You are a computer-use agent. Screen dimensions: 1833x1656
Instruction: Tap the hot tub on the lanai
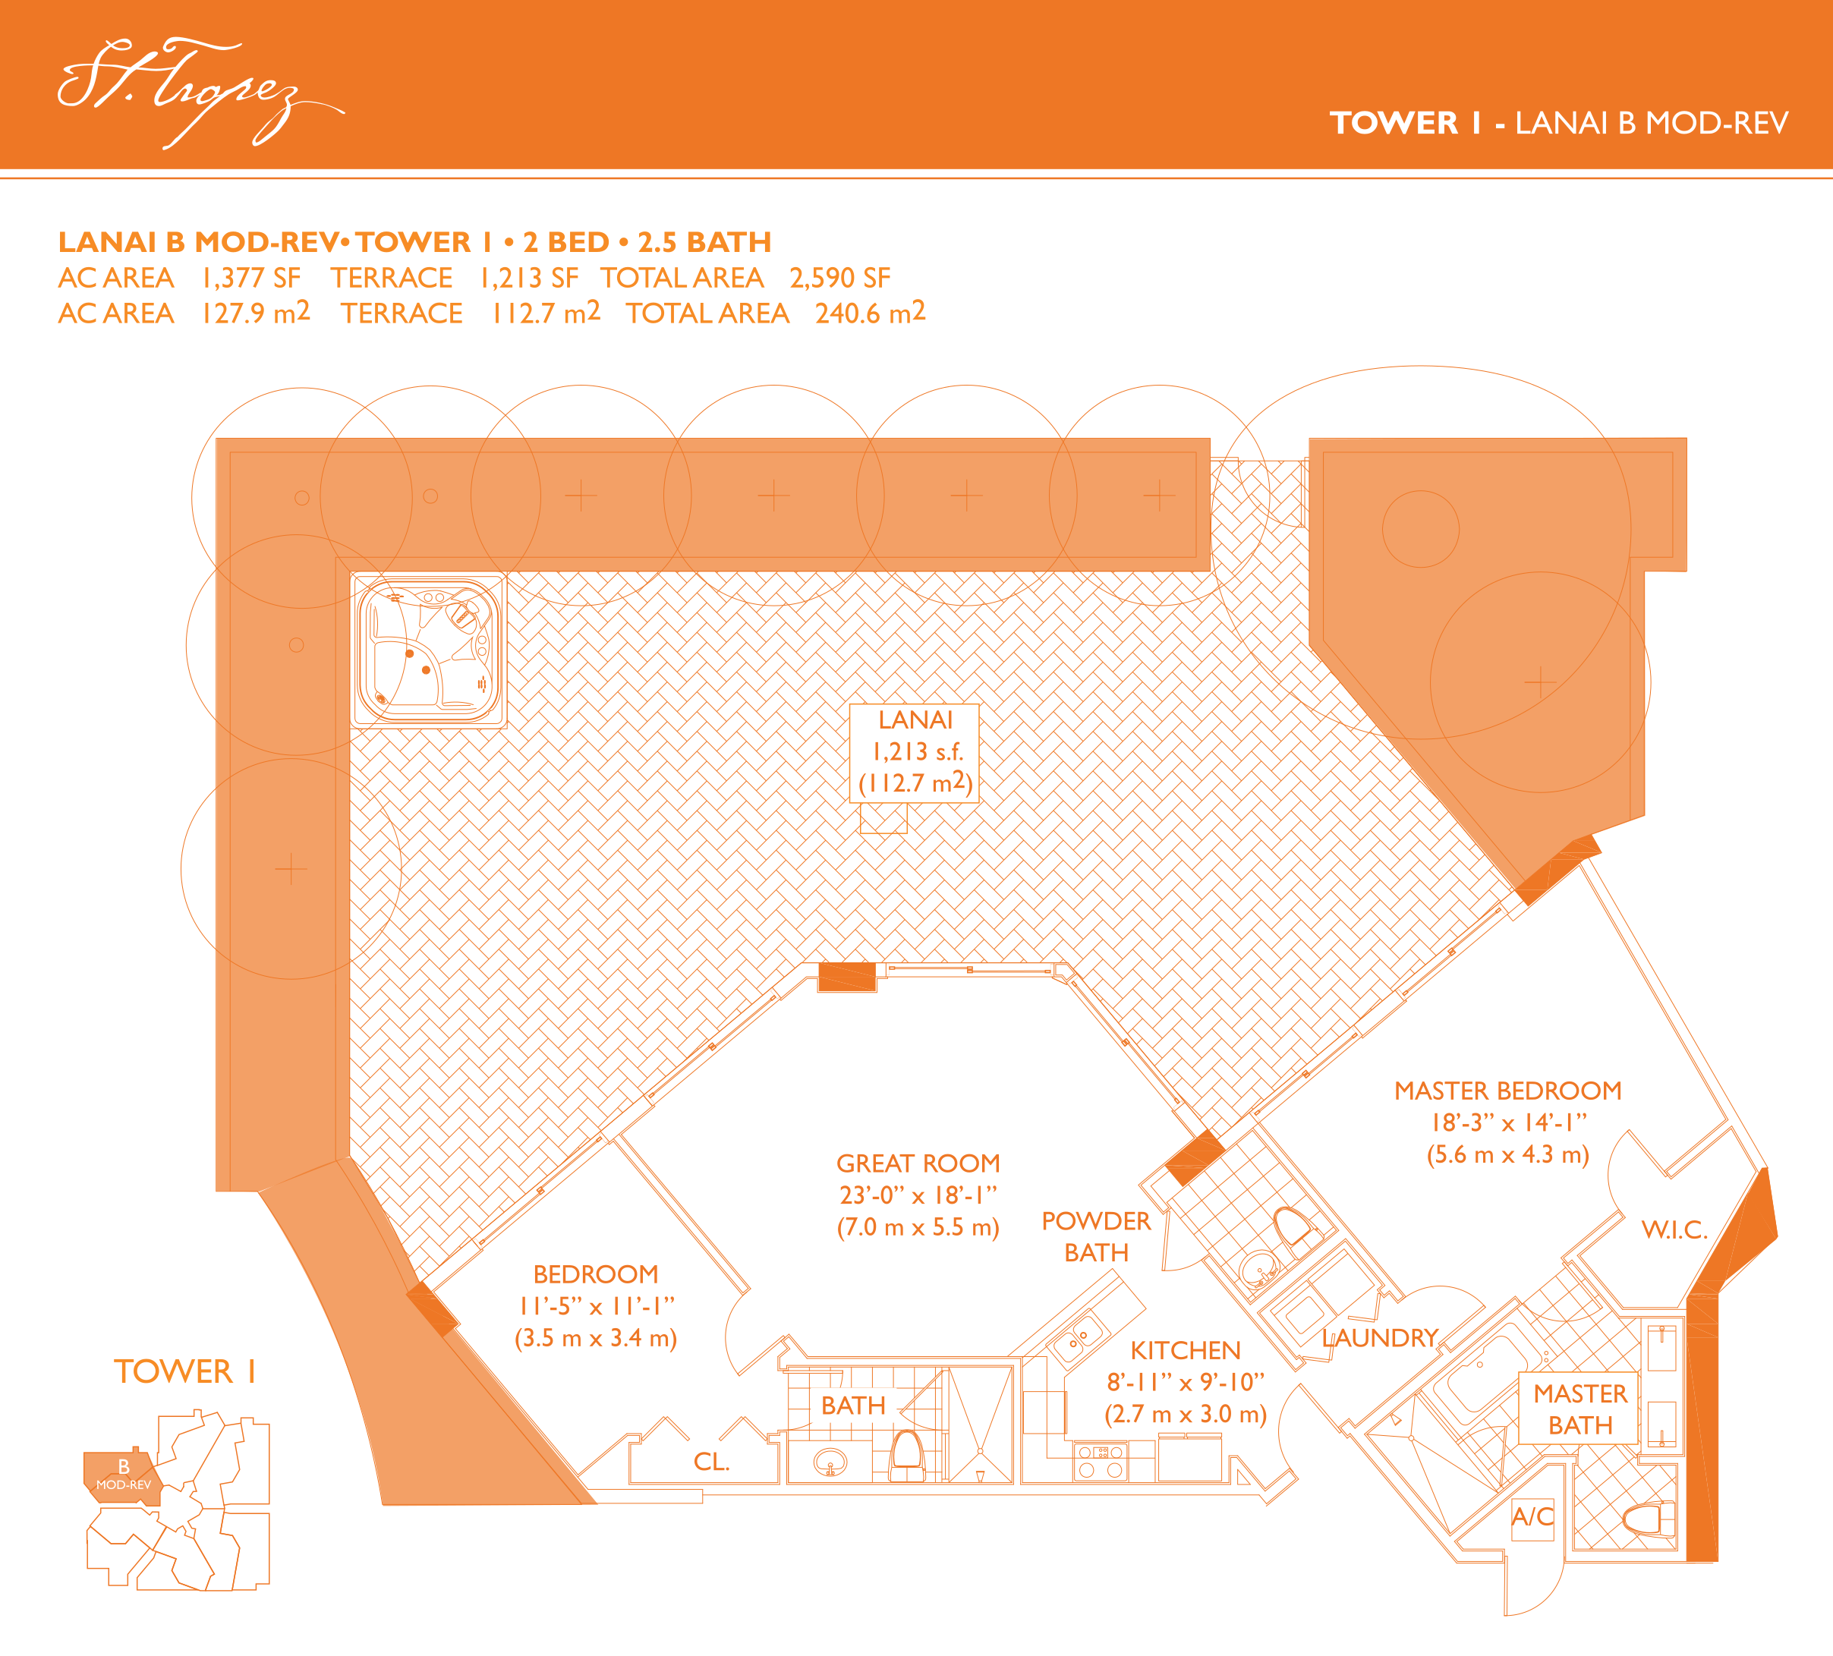428,650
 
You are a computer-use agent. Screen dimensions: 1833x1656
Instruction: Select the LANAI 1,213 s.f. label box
915,752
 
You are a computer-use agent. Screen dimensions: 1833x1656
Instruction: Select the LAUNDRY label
1379,1338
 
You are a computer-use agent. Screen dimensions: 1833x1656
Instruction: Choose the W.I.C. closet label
1674,1229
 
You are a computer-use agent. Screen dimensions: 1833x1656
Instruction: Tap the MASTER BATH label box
1579,1409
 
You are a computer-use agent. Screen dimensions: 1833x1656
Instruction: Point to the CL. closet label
711,1462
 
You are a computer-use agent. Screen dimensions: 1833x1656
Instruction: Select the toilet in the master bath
1649,1518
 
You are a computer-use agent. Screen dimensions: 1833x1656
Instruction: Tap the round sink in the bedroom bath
829,1462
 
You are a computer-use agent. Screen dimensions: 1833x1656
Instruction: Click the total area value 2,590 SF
839,277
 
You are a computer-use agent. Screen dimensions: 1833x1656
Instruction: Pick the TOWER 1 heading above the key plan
184,1371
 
